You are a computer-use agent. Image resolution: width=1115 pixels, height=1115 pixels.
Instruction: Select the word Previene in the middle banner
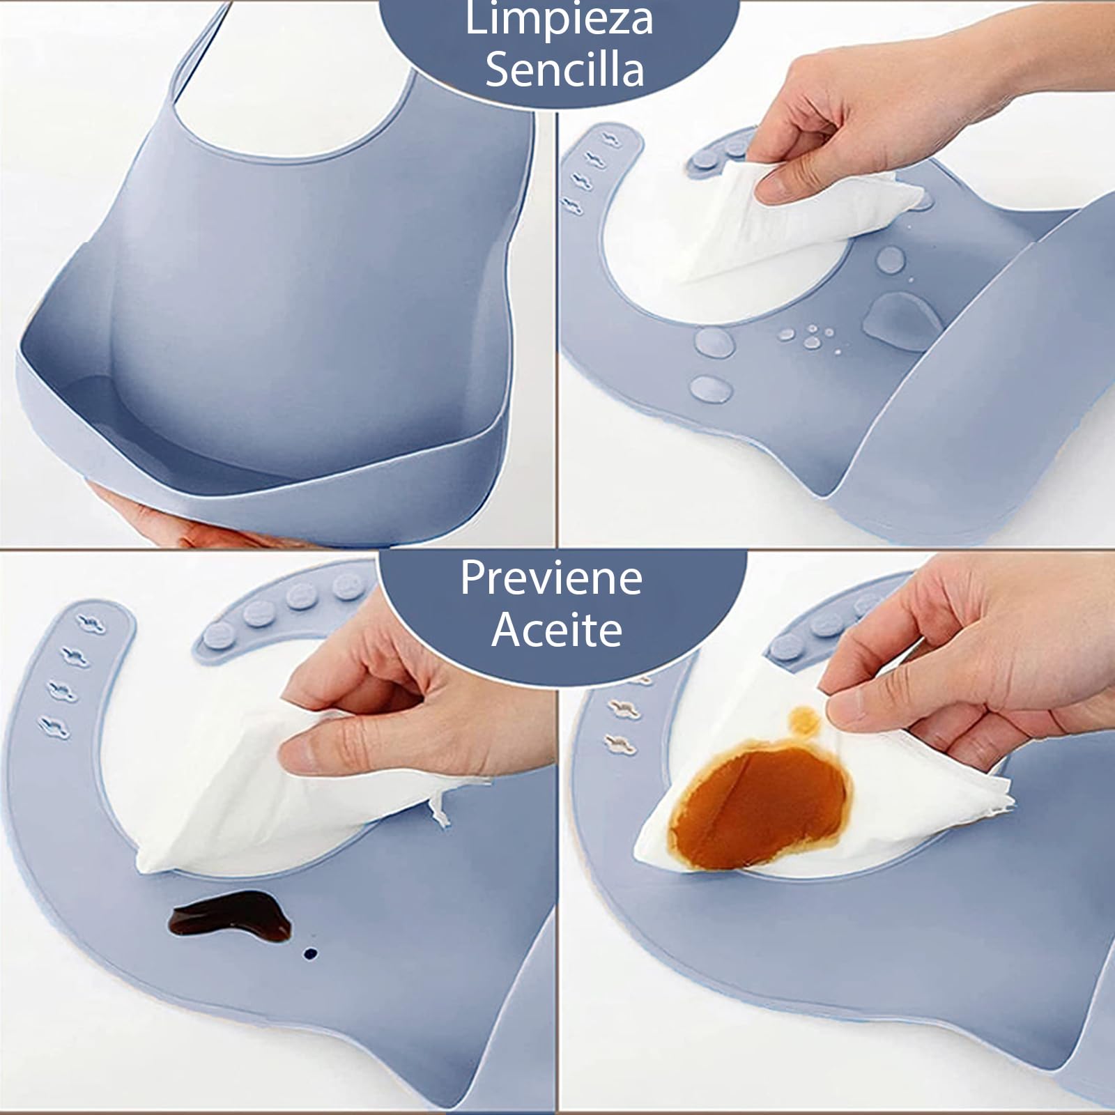(551, 578)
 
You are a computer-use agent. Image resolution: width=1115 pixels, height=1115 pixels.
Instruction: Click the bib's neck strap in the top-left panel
(202, 56)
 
